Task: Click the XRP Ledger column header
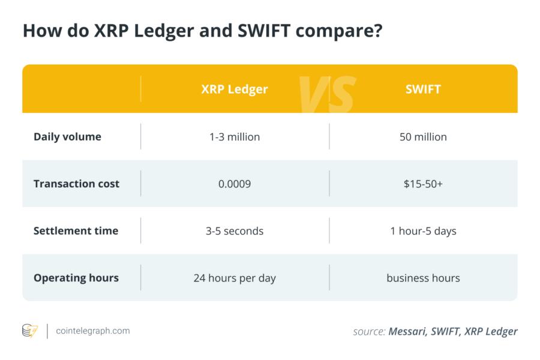pyautogui.click(x=235, y=89)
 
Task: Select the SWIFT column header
pyautogui.click(x=423, y=89)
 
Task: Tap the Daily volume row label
pyautogui.click(x=67, y=137)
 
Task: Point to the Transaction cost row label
pyautogui.click(x=76, y=184)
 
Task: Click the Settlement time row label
pyautogui.click(x=76, y=230)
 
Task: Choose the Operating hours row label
pyautogui.click(x=76, y=278)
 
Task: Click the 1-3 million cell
pyautogui.click(x=235, y=137)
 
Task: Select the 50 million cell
pyautogui.click(x=423, y=137)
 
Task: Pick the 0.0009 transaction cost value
pyautogui.click(x=235, y=184)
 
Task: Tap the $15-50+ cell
pyautogui.click(x=423, y=184)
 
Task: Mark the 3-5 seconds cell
pyautogui.click(x=235, y=231)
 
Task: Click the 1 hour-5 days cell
pyautogui.click(x=423, y=231)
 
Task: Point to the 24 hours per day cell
pyautogui.click(x=235, y=278)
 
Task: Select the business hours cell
pyautogui.click(x=423, y=278)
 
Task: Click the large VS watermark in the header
pyautogui.click(x=328, y=94)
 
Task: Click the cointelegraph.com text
pyautogui.click(x=92, y=331)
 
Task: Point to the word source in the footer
pyautogui.click(x=368, y=331)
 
